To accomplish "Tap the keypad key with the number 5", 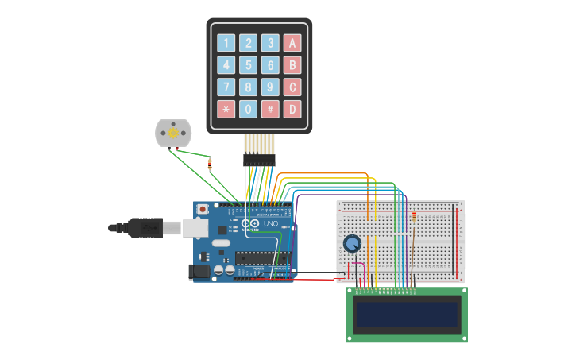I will pyautogui.click(x=249, y=65).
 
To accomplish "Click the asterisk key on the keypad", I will pyautogui.click(x=226, y=109).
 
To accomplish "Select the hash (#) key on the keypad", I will pyautogui.click(x=270, y=109).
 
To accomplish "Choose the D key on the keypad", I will pyautogui.click(x=292, y=109).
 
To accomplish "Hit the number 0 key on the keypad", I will pyautogui.click(x=249, y=109).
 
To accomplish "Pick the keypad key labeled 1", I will pyautogui.click(x=226, y=43).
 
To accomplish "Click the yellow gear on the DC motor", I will pyautogui.click(x=173, y=134).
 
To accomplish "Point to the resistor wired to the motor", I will pyautogui.click(x=210, y=165).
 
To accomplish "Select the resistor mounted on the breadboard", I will pyautogui.click(x=415, y=215).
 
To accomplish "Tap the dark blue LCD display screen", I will pyautogui.click(x=407, y=315).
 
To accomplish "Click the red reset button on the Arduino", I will pyautogui.click(x=203, y=209).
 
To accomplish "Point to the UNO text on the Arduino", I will pyautogui.click(x=270, y=224).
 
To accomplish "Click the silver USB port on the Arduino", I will pyautogui.click(x=195, y=228).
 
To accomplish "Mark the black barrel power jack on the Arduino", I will pyautogui.click(x=199, y=272).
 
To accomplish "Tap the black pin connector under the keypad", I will pyautogui.click(x=259, y=160).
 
